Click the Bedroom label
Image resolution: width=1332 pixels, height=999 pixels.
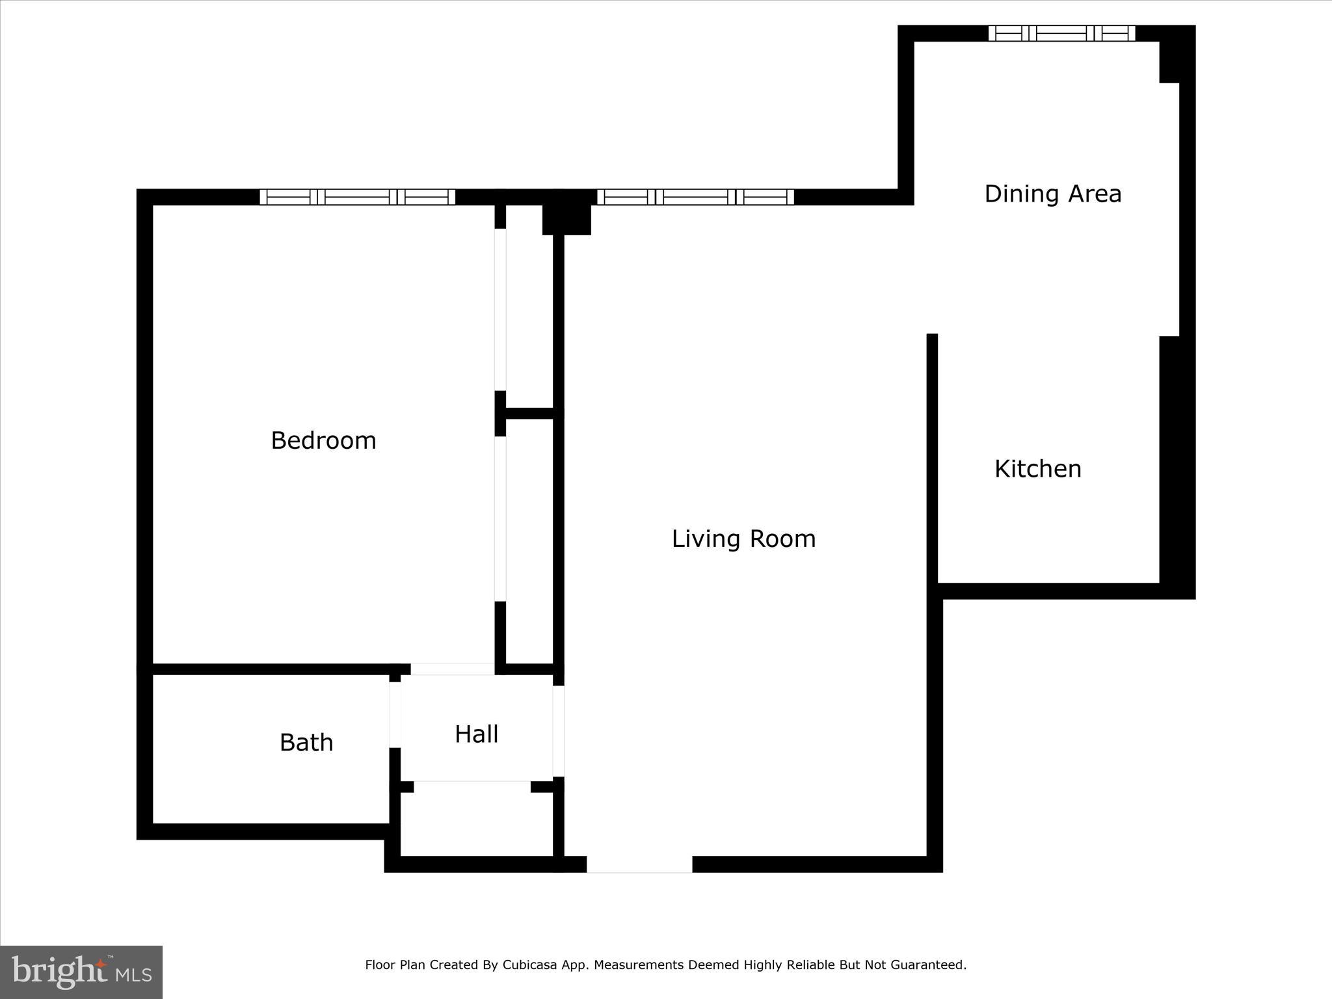coord(323,441)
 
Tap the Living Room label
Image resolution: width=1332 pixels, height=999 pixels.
coord(743,539)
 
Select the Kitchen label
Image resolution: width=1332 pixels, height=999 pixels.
coord(1037,469)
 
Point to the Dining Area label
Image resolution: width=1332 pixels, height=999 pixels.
coord(1052,194)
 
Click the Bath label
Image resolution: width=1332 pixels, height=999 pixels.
coord(306,743)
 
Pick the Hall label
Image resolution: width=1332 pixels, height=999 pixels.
coord(476,734)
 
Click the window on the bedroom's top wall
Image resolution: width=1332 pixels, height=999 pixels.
coord(357,196)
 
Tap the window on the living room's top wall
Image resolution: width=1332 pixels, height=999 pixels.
coord(695,196)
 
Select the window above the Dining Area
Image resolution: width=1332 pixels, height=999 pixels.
coord(1061,33)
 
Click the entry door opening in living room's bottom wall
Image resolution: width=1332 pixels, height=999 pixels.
coord(639,864)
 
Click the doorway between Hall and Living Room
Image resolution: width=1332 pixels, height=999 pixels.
coord(558,731)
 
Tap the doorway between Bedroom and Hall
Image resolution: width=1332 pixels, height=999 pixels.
coord(453,669)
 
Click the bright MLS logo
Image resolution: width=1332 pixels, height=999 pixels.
coord(81,972)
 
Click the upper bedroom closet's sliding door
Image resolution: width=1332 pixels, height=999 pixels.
coord(500,310)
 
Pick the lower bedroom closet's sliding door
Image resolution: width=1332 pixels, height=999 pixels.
coord(500,518)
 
